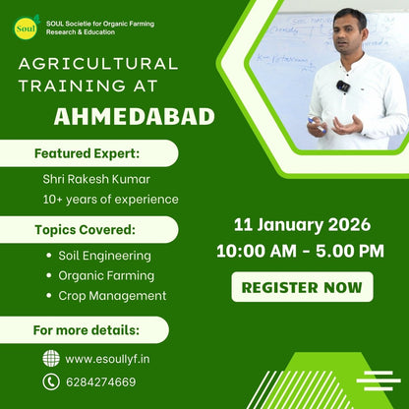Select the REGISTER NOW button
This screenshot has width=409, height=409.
coord(303,288)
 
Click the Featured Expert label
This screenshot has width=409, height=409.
coord(88,153)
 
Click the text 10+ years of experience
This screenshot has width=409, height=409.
coord(111,200)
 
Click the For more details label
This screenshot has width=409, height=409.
coord(87,328)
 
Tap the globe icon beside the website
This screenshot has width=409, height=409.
coord(51,358)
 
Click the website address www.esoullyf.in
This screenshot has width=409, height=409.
coord(107,359)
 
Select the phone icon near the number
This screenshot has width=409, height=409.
coord(51,381)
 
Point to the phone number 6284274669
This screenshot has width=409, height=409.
coord(101,382)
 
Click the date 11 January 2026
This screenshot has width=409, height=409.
coord(301,224)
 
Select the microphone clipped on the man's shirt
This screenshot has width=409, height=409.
coord(343,87)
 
